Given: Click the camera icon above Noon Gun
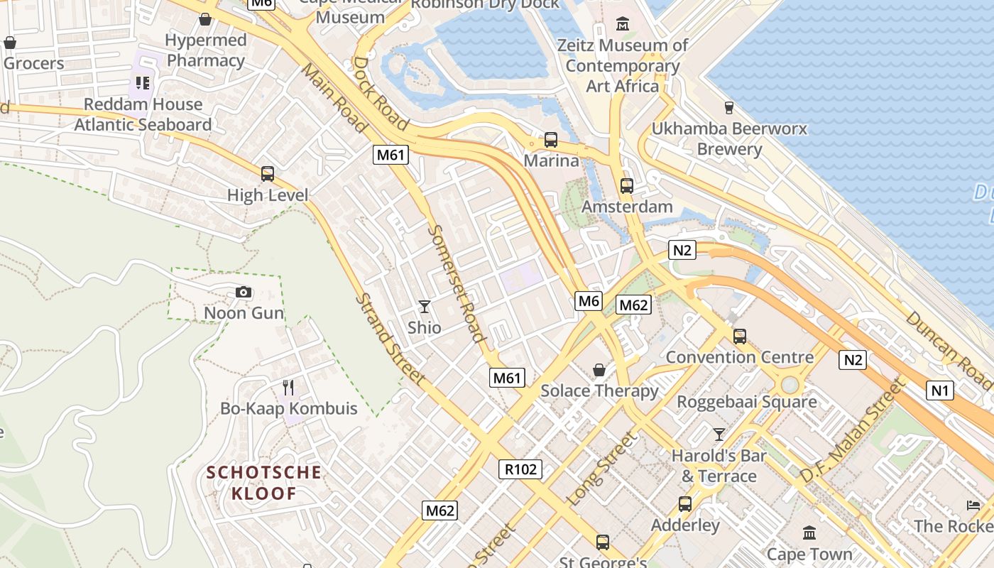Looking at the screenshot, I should point(244,293).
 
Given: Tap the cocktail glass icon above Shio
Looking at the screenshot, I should point(425,307).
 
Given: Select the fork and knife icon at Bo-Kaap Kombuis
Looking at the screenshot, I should point(288,388).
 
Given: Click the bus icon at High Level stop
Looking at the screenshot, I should point(268,174).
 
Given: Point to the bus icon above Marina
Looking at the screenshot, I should point(551,140).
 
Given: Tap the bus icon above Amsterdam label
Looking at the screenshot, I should point(626,186).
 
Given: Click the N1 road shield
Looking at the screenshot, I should point(940,390).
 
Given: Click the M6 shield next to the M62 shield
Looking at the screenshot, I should point(589,301).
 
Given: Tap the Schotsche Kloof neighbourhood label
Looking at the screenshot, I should point(264,483).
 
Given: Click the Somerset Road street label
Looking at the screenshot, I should point(457,284).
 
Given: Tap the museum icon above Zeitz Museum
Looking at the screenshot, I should point(623,24).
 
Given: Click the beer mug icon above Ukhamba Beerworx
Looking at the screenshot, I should point(728,108).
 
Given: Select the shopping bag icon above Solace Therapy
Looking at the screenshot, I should point(599,370).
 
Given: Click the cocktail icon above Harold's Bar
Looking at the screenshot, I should point(719,435).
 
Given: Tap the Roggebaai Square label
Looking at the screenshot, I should point(747,403).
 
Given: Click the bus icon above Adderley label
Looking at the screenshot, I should point(685,504).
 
